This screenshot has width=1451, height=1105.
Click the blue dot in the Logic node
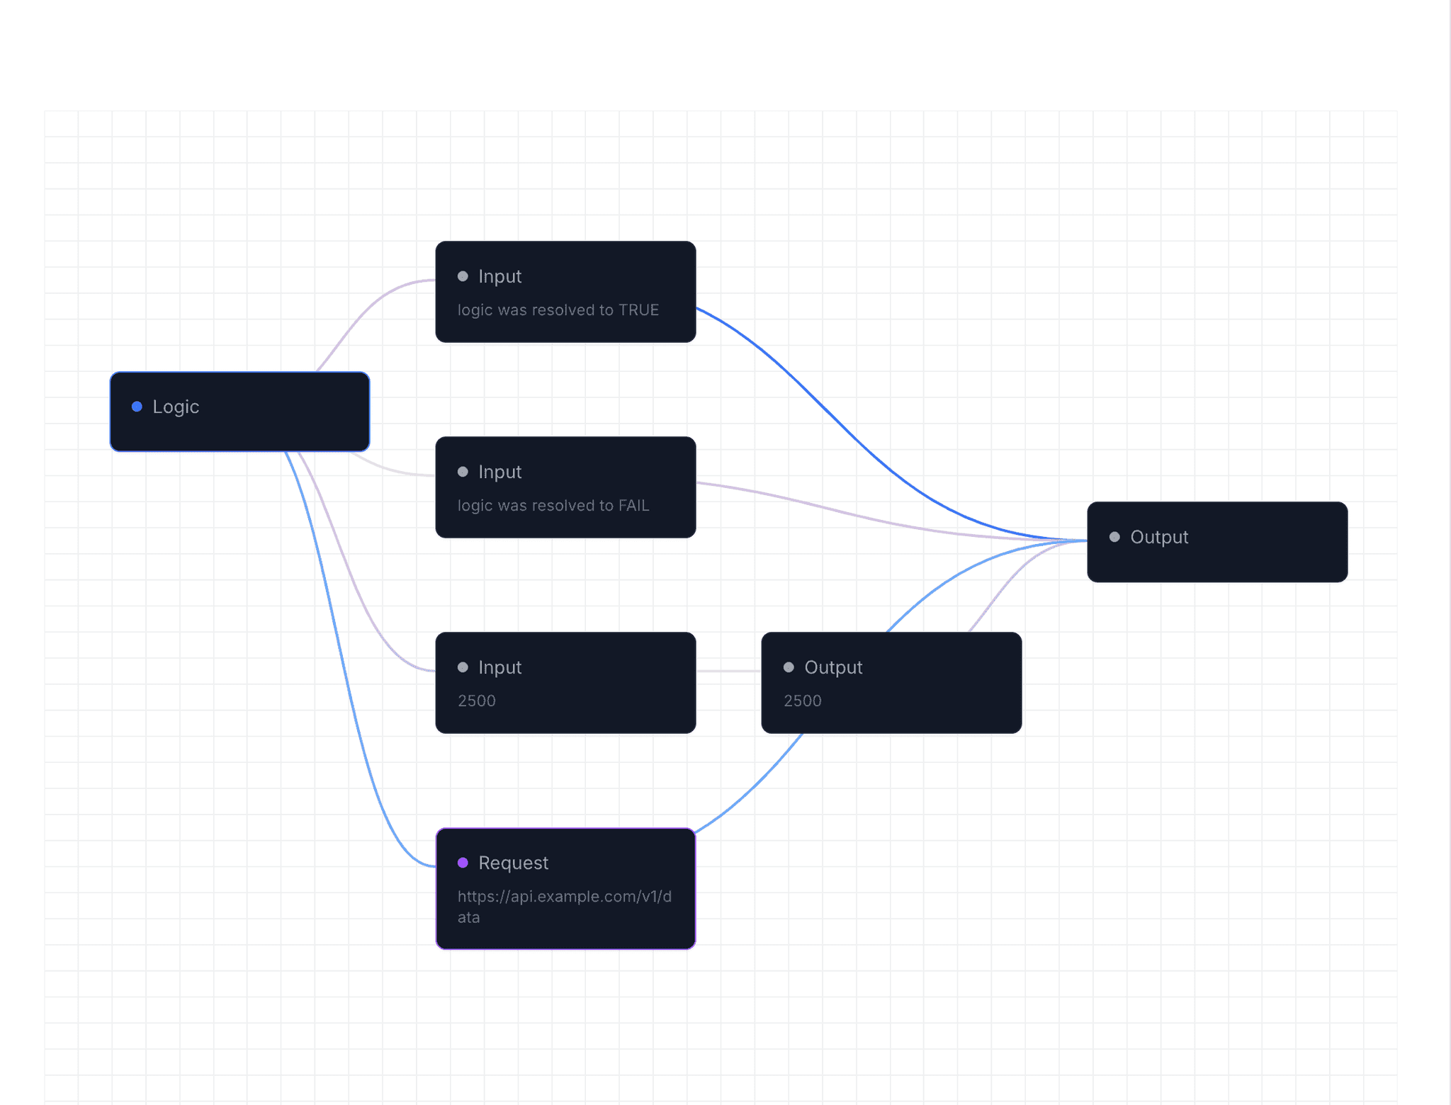point(137,407)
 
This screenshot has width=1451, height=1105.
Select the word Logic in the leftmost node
point(176,407)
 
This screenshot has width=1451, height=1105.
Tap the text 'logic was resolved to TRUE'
point(558,310)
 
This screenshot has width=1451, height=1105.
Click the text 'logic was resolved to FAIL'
point(553,506)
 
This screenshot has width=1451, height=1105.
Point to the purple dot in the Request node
point(463,863)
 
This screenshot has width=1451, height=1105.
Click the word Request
point(513,863)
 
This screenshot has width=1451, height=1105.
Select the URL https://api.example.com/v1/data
point(564,907)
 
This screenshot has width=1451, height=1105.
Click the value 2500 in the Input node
point(476,701)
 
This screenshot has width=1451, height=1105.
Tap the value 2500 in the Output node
point(802,701)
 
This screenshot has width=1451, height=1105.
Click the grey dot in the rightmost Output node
point(1114,537)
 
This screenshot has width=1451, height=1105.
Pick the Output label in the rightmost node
point(1159,537)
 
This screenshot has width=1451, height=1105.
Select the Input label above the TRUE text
point(499,276)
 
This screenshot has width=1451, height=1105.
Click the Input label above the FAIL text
point(499,472)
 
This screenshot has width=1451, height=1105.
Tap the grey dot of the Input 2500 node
point(463,667)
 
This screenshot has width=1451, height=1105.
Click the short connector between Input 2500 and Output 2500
point(728,671)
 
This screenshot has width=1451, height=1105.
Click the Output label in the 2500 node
point(833,667)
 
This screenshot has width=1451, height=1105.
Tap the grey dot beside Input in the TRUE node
point(463,276)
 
